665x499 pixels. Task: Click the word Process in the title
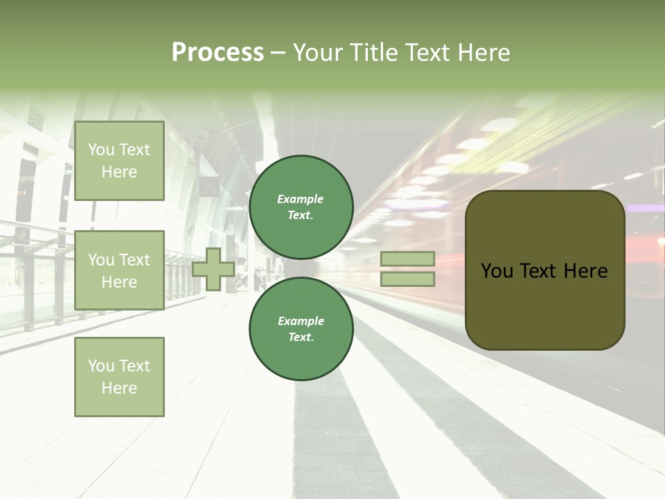(218, 53)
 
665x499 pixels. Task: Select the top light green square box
(119, 161)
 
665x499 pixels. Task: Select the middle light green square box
(119, 270)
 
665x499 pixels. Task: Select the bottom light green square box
(119, 376)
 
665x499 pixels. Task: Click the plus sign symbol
(213, 269)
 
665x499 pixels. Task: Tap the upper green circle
(301, 207)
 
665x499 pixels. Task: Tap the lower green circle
(301, 329)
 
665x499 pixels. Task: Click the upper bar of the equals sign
(407, 259)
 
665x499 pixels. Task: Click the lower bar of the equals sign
(407, 279)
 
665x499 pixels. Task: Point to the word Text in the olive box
(542, 271)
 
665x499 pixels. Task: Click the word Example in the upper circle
(300, 199)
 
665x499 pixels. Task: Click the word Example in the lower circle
(301, 321)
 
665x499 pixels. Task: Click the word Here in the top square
(119, 172)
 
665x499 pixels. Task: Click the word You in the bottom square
(101, 366)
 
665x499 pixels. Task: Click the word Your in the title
(319, 53)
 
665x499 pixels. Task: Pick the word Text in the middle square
(134, 260)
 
